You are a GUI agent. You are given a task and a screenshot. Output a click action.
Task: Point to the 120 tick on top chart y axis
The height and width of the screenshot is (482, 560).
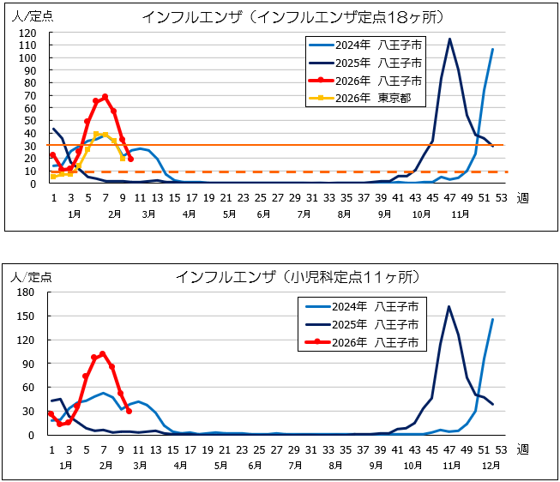point(28,33)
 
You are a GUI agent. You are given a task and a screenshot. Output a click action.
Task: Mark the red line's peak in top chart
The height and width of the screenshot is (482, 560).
point(105,97)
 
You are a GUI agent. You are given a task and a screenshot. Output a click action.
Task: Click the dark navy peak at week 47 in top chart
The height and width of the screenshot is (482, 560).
point(449,39)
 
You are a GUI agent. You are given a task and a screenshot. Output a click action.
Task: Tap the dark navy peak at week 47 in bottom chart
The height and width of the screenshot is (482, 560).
point(449,306)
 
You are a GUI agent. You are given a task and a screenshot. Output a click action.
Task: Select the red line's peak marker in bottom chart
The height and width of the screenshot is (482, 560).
point(103,353)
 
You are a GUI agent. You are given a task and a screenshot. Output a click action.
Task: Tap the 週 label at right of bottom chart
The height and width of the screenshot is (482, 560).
point(523,449)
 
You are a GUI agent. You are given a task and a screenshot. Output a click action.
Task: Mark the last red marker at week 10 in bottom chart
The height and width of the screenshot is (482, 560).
point(129,411)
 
